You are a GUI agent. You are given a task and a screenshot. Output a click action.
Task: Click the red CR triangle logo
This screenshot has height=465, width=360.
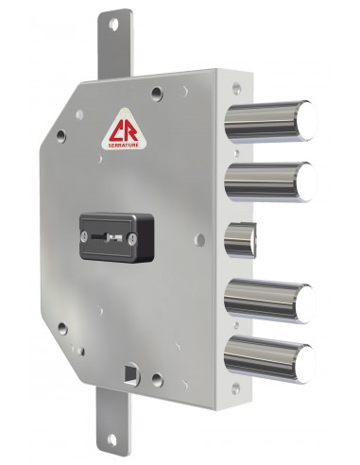pyautogui.click(x=125, y=129)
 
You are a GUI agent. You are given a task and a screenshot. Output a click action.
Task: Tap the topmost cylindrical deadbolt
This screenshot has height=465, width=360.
pyautogui.click(x=270, y=121)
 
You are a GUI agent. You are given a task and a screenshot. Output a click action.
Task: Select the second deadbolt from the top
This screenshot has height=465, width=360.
pyautogui.click(x=270, y=181)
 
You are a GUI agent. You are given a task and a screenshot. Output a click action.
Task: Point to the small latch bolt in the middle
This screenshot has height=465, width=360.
pyautogui.click(x=241, y=240)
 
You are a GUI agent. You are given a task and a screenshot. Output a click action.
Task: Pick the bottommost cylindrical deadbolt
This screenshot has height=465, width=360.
pyautogui.click(x=270, y=359)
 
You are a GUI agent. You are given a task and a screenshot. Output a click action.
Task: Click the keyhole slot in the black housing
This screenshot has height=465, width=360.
pyautogui.click(x=107, y=236)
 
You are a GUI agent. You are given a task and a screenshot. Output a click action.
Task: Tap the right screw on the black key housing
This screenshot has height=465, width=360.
pyautogui.click(x=131, y=238)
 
